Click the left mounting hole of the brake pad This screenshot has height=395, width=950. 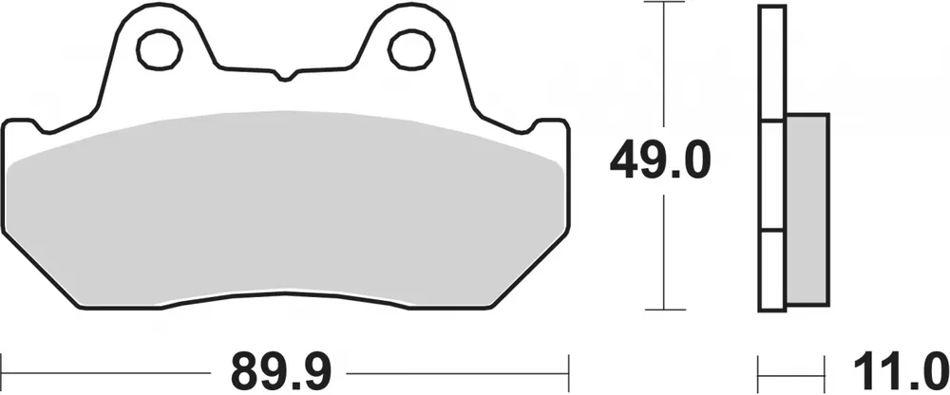tap(157, 47)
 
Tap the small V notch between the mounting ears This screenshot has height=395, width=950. tap(282, 72)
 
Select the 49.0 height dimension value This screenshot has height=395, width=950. tap(659, 161)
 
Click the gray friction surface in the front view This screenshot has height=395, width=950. tap(285, 209)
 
